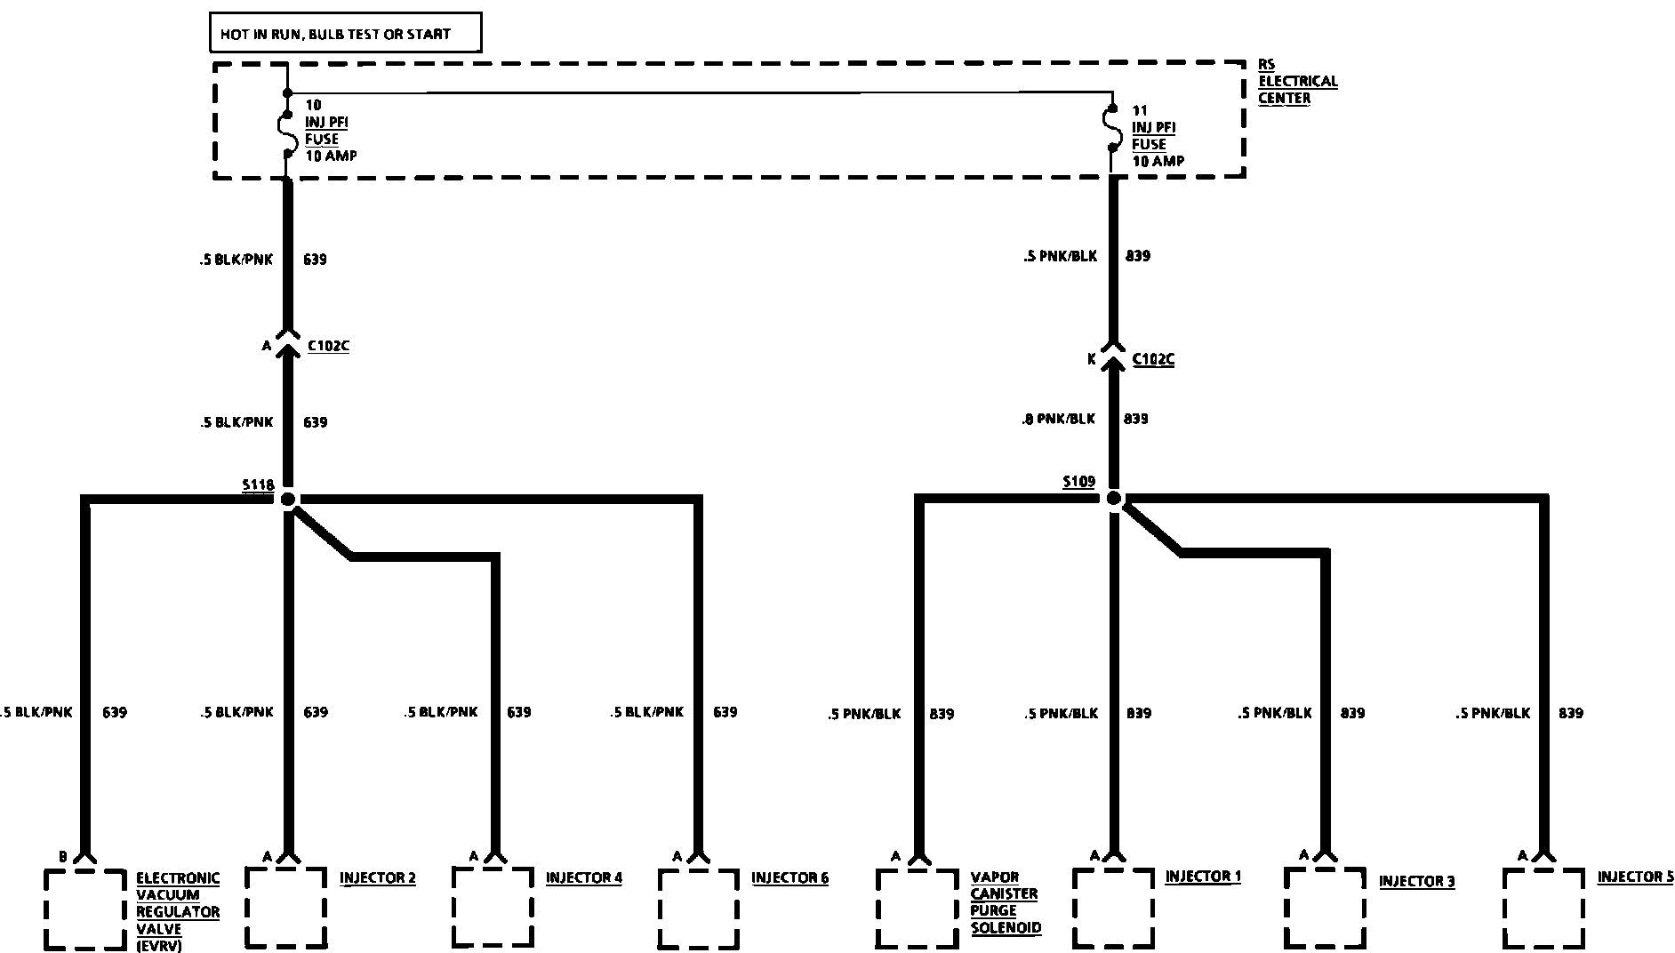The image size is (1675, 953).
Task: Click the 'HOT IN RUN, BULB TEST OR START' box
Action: point(345,34)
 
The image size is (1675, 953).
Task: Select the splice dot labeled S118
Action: point(287,499)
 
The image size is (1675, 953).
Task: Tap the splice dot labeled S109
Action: point(1113,499)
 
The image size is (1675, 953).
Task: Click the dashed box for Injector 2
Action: point(286,908)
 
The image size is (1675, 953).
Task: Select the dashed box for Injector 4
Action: point(493,908)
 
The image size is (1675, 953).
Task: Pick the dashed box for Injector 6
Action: point(699,908)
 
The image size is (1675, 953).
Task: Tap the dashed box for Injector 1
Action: point(1113,908)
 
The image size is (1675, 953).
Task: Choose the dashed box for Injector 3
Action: point(1325,908)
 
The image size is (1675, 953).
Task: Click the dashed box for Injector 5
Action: point(1543,908)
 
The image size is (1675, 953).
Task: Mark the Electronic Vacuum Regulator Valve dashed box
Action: point(85,909)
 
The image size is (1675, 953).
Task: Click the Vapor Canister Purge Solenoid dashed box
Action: point(918,908)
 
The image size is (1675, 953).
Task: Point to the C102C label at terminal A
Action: point(328,346)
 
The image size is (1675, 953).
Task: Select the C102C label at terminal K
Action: point(1153,359)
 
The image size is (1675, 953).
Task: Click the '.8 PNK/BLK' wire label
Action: point(1058,419)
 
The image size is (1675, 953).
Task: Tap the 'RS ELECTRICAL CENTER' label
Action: point(1297,81)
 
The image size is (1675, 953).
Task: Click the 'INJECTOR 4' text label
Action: point(583,878)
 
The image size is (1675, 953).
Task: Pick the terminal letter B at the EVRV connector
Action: point(63,857)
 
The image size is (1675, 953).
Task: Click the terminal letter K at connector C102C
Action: point(1091,359)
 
